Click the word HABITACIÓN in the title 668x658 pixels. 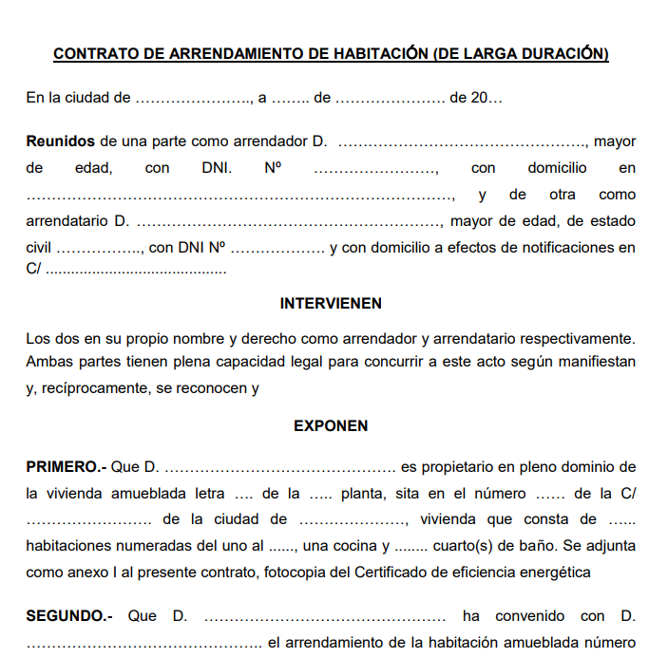pos(378,54)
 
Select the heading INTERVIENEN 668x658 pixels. pos(331,304)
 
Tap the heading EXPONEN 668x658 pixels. pos(331,426)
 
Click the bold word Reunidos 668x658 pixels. pos(61,141)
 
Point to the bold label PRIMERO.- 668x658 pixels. pos(67,467)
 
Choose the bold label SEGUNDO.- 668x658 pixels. pos(69,616)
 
